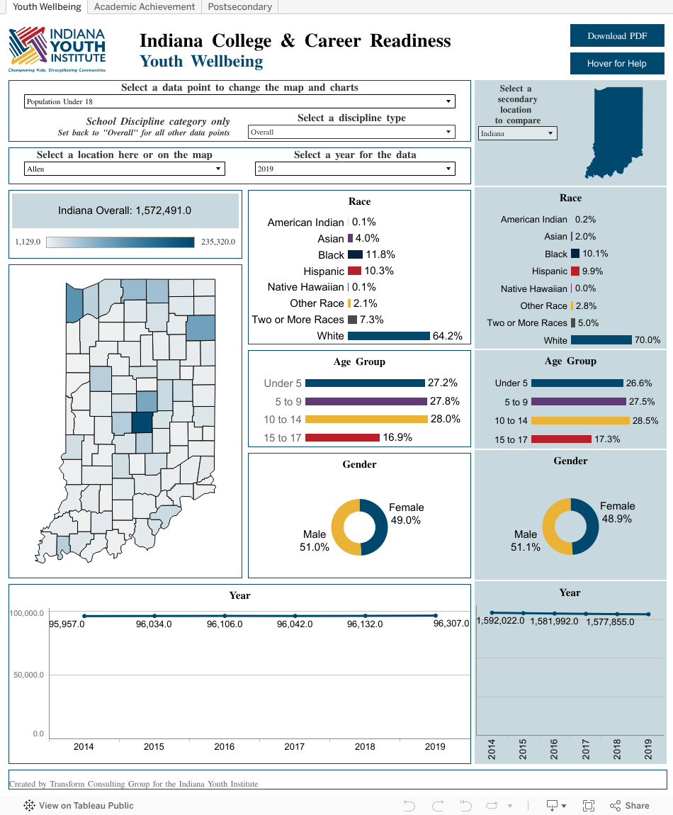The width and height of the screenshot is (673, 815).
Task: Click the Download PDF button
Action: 617,36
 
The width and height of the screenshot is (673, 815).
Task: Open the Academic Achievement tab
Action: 145,7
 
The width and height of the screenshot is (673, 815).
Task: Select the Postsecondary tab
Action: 239,7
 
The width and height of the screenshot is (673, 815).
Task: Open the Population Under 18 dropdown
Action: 239,101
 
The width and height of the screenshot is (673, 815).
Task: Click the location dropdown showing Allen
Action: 124,169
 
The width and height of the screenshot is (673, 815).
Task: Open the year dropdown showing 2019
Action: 354,169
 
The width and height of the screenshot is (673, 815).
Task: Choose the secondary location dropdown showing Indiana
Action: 517,133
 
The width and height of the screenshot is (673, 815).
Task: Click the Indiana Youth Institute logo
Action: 57,50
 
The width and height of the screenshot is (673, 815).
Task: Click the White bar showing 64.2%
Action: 388,336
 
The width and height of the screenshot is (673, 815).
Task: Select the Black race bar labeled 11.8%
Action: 355,254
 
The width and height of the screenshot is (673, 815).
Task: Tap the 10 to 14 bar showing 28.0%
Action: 366,420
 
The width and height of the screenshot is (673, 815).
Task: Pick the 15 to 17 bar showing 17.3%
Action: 560,439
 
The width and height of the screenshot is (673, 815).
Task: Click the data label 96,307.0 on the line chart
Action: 451,624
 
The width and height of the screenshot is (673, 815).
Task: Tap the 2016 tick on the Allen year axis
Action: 224,746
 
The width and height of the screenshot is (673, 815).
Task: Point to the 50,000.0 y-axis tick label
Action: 28,675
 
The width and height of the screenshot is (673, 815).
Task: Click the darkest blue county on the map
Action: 142,422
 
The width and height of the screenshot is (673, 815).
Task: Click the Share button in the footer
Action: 629,805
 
